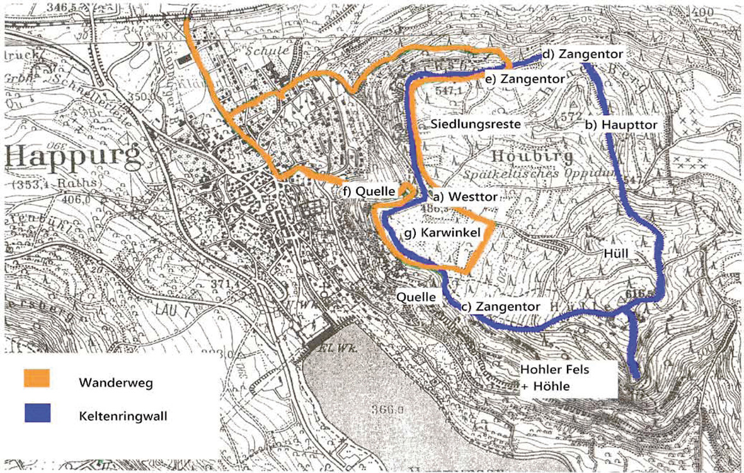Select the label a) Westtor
tap(464, 197)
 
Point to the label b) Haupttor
tap(621, 125)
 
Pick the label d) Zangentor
tap(583, 55)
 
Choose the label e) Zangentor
tap(524, 79)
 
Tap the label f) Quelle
tap(368, 190)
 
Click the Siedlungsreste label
tap(476, 124)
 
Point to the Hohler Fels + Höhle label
tap(554, 377)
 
